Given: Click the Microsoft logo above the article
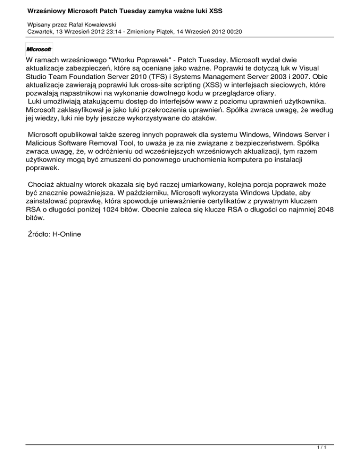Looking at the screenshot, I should (39, 49).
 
